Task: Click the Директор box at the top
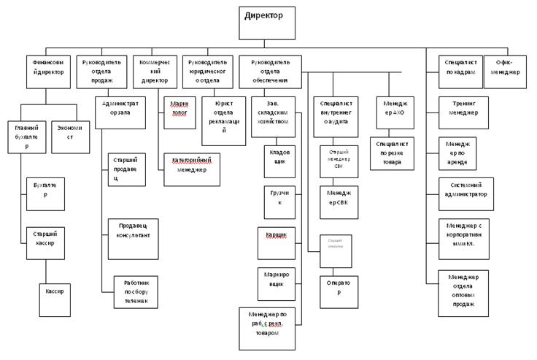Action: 267,22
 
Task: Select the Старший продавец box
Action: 126,169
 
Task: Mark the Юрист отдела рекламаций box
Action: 224,120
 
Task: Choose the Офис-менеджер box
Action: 505,71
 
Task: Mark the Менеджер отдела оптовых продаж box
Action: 464,293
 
